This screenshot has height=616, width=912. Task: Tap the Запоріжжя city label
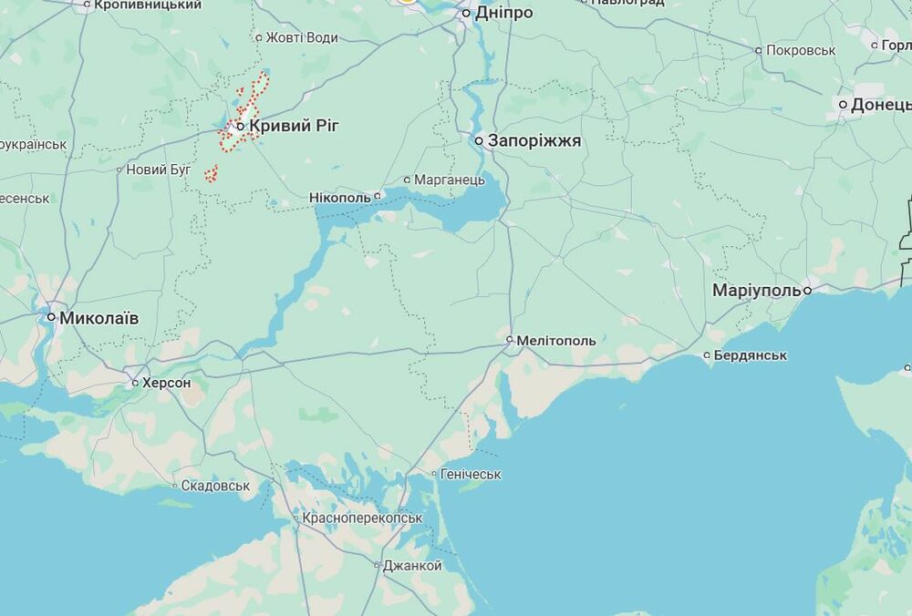click(534, 141)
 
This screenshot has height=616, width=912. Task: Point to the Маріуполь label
click(756, 291)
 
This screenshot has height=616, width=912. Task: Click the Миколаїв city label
click(99, 318)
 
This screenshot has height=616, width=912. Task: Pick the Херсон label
click(167, 383)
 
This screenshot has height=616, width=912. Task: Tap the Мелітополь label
click(556, 341)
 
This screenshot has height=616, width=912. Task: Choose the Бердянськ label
click(751, 354)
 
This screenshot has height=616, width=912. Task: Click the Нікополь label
click(340, 197)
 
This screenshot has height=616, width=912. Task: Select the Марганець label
click(450, 180)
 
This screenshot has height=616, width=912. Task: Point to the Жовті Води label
click(302, 37)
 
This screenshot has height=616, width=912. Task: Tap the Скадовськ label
click(215, 486)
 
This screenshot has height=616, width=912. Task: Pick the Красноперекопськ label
click(362, 518)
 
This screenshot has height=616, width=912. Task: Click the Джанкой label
click(412, 566)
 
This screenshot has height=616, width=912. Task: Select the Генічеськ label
click(471, 474)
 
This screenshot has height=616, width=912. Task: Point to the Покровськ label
click(801, 50)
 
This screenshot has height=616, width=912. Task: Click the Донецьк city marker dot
click(844, 105)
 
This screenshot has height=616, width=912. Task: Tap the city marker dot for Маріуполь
click(808, 291)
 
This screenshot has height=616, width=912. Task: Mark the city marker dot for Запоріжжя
click(479, 141)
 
